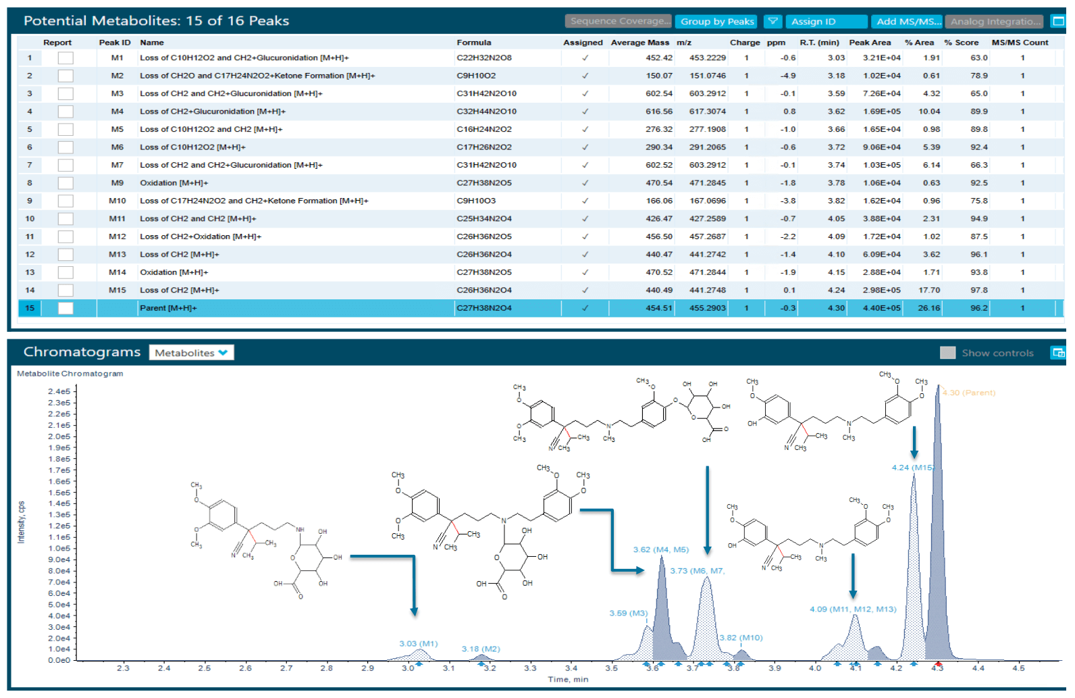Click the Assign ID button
point(825,22)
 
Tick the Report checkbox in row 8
point(65,183)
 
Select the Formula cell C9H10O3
point(476,201)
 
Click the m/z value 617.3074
point(707,111)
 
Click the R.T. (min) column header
point(819,43)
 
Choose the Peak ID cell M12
point(117,236)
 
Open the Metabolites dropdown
point(191,353)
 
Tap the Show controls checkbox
point(947,353)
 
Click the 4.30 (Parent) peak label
point(968,393)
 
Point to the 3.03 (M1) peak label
point(418,643)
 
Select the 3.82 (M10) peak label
point(741,638)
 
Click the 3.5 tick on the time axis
point(611,668)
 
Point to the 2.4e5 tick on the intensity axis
point(59,391)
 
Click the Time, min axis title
point(568,680)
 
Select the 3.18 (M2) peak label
point(481,649)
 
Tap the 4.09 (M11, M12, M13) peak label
point(853,609)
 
